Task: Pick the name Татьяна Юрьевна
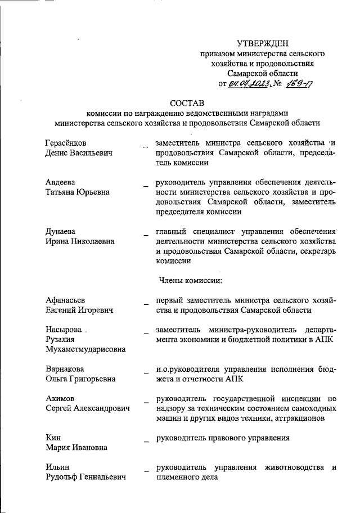(x=77, y=192)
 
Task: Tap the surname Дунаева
(x=60, y=231)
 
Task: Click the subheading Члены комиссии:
(x=191, y=280)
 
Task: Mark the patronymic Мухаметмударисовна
(x=85, y=349)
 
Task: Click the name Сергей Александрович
(x=87, y=408)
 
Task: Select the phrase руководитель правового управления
(x=223, y=438)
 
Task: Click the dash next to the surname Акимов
(x=146, y=400)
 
